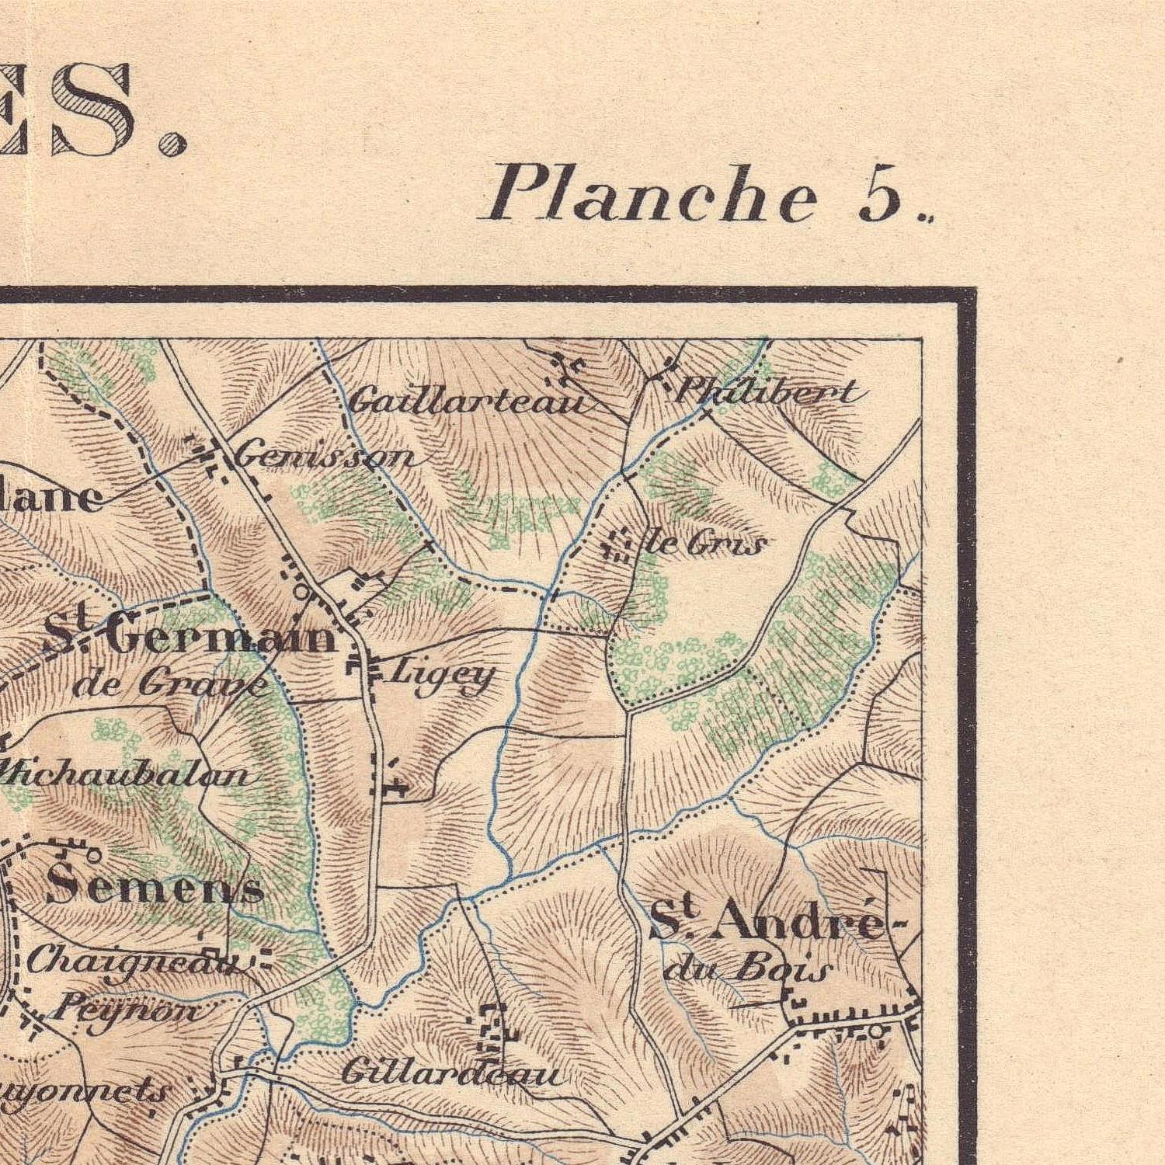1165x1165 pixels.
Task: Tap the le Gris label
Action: (x=705, y=543)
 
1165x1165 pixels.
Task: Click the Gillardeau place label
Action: (x=450, y=1073)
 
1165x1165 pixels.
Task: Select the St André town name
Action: (x=766, y=920)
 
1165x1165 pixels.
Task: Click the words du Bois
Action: (x=749, y=969)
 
